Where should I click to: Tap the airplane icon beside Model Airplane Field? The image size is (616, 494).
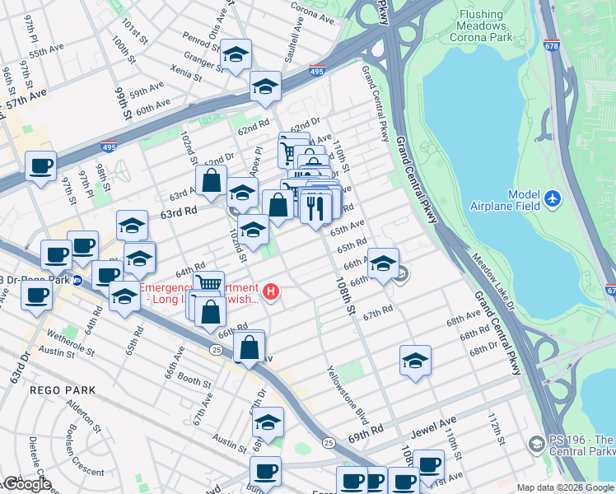click(x=552, y=199)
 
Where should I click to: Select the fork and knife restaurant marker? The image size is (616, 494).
click(x=315, y=207)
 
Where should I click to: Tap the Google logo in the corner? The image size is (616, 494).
click(x=26, y=484)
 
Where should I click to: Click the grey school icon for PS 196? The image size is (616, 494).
click(x=536, y=445)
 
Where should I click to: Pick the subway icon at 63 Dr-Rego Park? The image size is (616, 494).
click(x=77, y=279)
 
